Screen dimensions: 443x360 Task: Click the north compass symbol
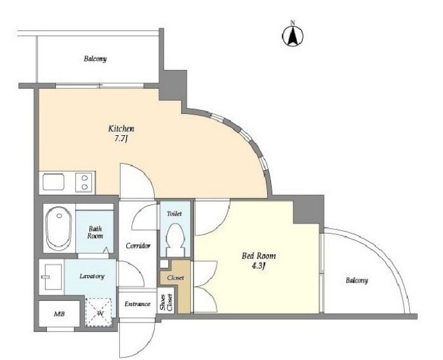[x=293, y=34]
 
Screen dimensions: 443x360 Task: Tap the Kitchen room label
[x=121, y=129]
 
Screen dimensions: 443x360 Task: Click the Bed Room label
[x=258, y=256]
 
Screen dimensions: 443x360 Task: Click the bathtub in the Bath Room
[x=59, y=229]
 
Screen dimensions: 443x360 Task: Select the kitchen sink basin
[x=53, y=182]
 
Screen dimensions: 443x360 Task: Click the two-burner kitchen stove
[x=84, y=182]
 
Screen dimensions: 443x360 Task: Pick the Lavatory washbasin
[x=52, y=277]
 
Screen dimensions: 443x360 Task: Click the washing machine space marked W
[x=100, y=312]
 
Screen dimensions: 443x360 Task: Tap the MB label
[x=59, y=314]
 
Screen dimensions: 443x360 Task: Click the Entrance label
[x=137, y=304]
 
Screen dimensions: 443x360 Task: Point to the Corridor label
[x=138, y=246]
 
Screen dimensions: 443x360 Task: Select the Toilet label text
[x=175, y=213]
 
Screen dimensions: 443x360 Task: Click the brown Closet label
[x=175, y=277]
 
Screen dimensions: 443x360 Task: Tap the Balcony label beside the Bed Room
[x=357, y=281]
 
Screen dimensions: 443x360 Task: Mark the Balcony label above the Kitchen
[x=95, y=59]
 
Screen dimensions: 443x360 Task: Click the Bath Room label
[x=95, y=232]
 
